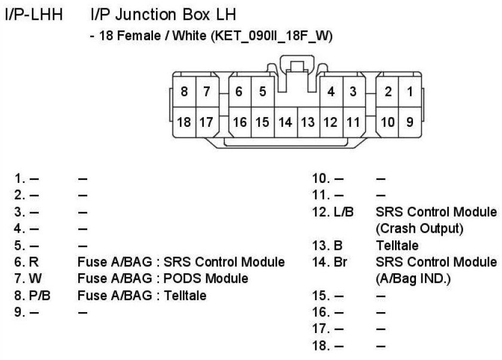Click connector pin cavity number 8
184,92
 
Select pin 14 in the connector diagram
286,122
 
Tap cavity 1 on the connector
410,92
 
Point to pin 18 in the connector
184,122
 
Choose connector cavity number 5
262,92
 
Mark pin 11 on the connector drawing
353,122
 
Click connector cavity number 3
353,92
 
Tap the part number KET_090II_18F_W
267,36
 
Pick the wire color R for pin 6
33,262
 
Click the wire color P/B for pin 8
39,295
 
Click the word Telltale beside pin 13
397,245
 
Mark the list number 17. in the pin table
321,328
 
